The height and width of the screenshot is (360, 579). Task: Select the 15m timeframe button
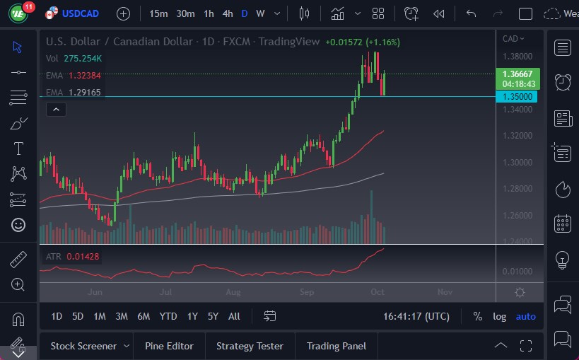159,13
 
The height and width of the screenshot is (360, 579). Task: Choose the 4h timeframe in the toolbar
227,13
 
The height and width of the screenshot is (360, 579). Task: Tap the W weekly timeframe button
260,13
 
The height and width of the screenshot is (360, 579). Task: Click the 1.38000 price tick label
517,56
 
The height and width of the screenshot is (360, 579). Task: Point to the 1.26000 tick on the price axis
517,216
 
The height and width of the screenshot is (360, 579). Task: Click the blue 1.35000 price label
517,97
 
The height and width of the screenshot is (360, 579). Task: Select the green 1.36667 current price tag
519,74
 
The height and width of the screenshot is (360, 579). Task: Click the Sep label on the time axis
307,291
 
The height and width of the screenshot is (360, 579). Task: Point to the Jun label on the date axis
96,291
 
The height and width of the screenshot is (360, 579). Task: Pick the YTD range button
168,316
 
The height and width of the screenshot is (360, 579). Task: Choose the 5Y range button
213,316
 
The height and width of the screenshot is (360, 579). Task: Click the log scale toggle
499,316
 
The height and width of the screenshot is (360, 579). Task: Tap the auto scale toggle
525,316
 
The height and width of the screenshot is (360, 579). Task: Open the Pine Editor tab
169,346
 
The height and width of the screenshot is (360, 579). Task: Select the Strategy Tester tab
250,346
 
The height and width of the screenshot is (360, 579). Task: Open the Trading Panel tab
337,346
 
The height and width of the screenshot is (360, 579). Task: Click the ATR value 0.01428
83,256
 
